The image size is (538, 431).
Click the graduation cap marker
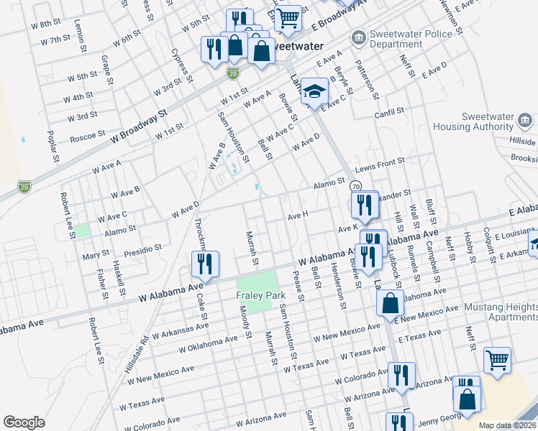point(314,91)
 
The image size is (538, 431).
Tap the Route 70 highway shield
point(355,186)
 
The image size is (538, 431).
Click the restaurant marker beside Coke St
point(205,264)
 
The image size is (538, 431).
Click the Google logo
point(24,422)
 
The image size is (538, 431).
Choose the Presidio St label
point(142,249)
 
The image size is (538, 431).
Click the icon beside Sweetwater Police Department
point(357,37)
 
